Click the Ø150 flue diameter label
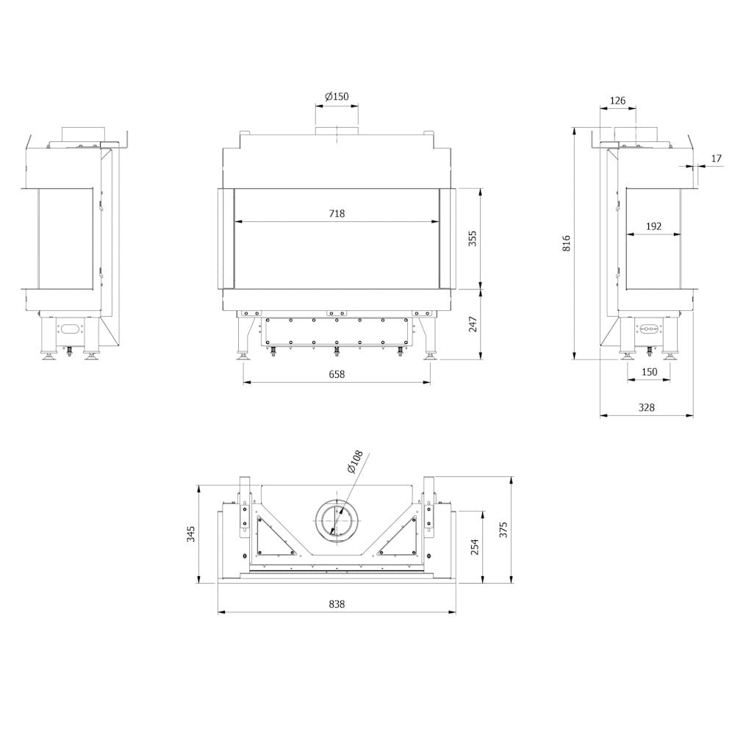tap(337, 97)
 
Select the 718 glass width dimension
tap(337, 214)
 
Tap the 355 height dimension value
tap(473, 238)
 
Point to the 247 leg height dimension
tap(473, 324)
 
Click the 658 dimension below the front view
tap(337, 374)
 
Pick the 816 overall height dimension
tap(566, 243)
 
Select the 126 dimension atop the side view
tap(617, 101)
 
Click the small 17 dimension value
tap(717, 158)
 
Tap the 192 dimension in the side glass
tap(653, 226)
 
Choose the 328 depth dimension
tap(646, 407)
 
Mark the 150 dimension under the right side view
tap(649, 372)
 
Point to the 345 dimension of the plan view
tap(191, 534)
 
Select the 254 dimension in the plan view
tap(474, 547)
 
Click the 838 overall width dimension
tap(337, 604)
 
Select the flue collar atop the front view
tap(337, 132)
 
